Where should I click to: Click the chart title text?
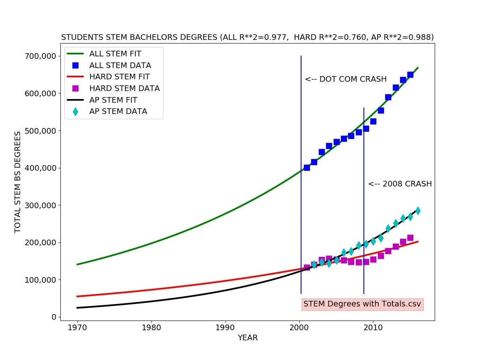(247, 37)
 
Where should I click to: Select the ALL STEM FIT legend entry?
(115, 54)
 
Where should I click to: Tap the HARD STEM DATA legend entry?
(124, 88)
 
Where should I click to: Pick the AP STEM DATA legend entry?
(118, 112)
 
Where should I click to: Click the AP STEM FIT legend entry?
(113, 100)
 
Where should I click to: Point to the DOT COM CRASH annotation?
(345, 79)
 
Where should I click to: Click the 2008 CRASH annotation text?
(400, 184)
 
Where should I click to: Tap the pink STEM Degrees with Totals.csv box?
(362, 304)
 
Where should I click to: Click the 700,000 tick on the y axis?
(39, 56)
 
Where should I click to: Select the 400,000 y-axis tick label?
(39, 168)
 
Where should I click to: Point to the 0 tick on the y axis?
(53, 317)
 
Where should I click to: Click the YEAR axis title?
(248, 338)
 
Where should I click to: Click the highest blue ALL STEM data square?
(410, 75)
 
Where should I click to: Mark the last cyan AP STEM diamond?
(418, 211)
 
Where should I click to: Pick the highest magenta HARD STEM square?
(410, 238)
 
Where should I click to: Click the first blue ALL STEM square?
(307, 168)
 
